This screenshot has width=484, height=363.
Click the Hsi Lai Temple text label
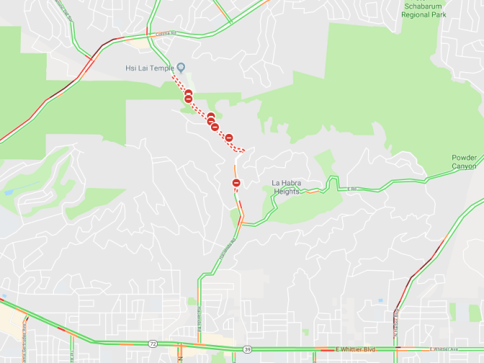[x=150, y=68]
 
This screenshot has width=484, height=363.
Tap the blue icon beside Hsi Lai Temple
[x=181, y=68]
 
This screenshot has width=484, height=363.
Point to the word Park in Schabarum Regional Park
[x=435, y=14]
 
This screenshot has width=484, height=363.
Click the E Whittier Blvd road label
[x=355, y=349]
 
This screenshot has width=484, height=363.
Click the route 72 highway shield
[x=153, y=344]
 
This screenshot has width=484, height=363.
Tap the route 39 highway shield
[x=247, y=349]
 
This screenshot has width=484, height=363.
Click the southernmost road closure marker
[x=236, y=183]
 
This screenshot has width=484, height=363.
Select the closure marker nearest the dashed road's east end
[x=229, y=138]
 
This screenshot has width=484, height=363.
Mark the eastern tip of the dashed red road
[x=244, y=150]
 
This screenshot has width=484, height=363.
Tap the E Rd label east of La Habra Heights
[x=352, y=189]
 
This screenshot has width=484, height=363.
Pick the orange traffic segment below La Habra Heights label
[x=312, y=192]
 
